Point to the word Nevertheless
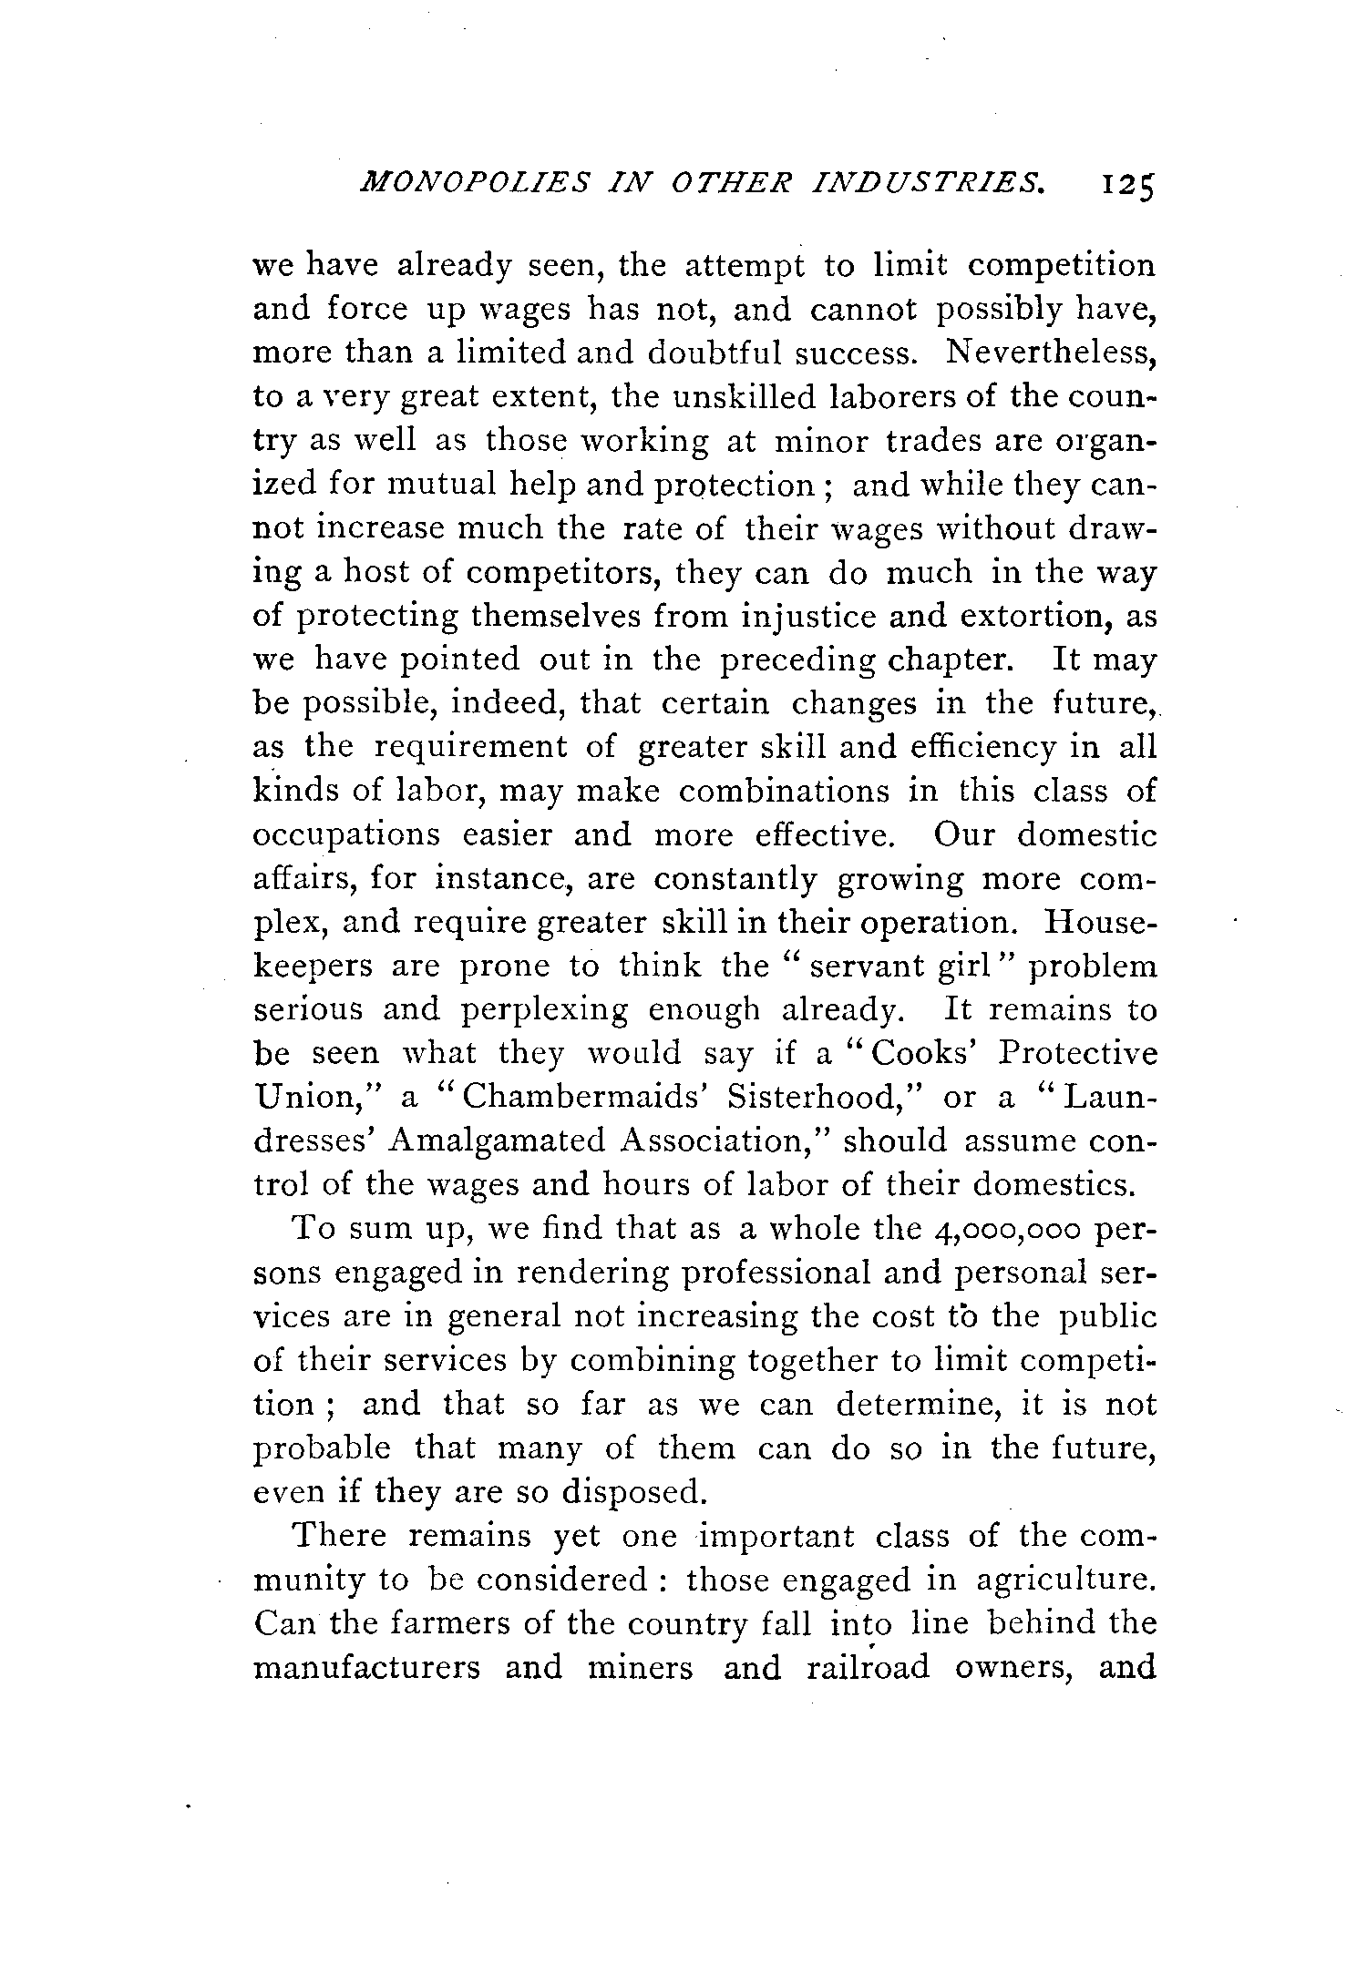click(x=1051, y=353)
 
